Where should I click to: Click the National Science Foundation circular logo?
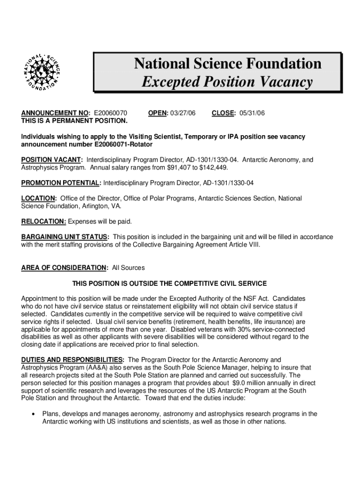[42, 71]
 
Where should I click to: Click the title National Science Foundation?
[228, 63]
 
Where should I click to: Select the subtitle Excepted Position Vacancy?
[227, 82]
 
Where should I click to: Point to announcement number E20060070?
[111, 113]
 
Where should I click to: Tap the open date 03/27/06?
[183, 113]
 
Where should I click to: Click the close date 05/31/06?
[252, 113]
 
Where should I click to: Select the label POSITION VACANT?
[52, 160]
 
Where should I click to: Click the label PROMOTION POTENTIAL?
[61, 183]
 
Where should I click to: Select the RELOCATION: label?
[44, 221]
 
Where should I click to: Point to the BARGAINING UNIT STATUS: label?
[65, 237]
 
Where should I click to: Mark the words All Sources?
[129, 268]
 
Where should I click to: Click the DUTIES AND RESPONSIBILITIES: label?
[72, 360]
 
